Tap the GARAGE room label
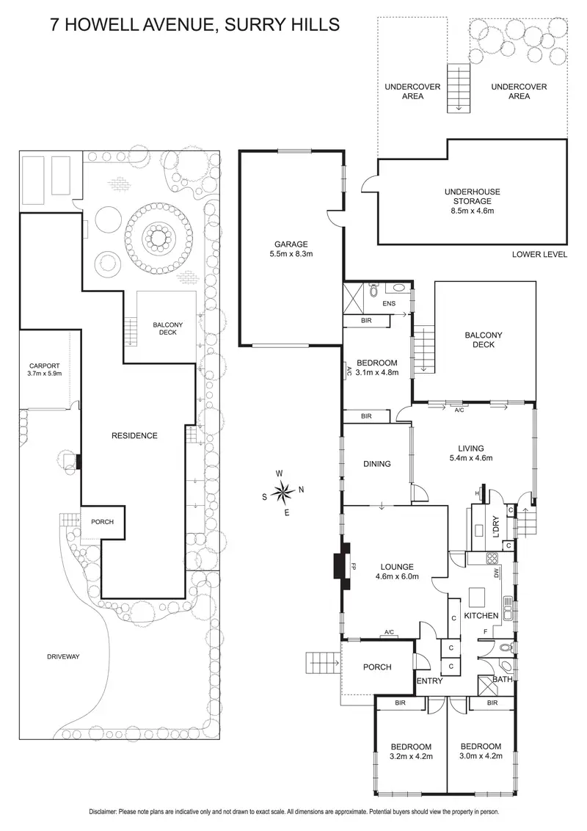[x=291, y=244]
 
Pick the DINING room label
[x=376, y=463]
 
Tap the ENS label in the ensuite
[x=389, y=302]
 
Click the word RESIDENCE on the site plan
[x=134, y=435]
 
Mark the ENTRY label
[x=429, y=681]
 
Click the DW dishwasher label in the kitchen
[x=497, y=572]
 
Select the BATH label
[x=502, y=680]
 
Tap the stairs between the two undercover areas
[x=459, y=88]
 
